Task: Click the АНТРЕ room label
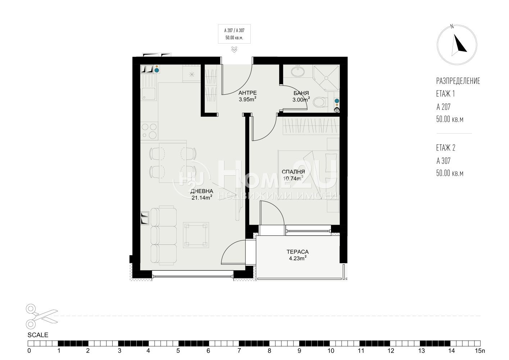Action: tap(247, 93)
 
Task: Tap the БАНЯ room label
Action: tap(301, 93)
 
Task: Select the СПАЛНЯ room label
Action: tap(293, 172)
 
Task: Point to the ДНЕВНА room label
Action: tap(202, 191)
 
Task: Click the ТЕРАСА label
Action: tap(297, 252)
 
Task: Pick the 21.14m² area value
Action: tap(202, 197)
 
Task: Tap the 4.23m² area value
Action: tap(297, 258)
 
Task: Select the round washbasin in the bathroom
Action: tap(298, 72)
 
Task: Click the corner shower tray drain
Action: tap(326, 78)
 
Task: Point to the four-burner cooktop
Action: tap(149, 131)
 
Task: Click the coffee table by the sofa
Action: tap(196, 235)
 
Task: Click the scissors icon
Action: tap(42, 316)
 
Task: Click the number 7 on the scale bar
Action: tap(239, 351)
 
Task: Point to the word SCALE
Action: tap(38, 335)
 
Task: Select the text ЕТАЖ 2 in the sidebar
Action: tap(446, 148)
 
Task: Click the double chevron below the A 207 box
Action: tap(234, 49)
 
